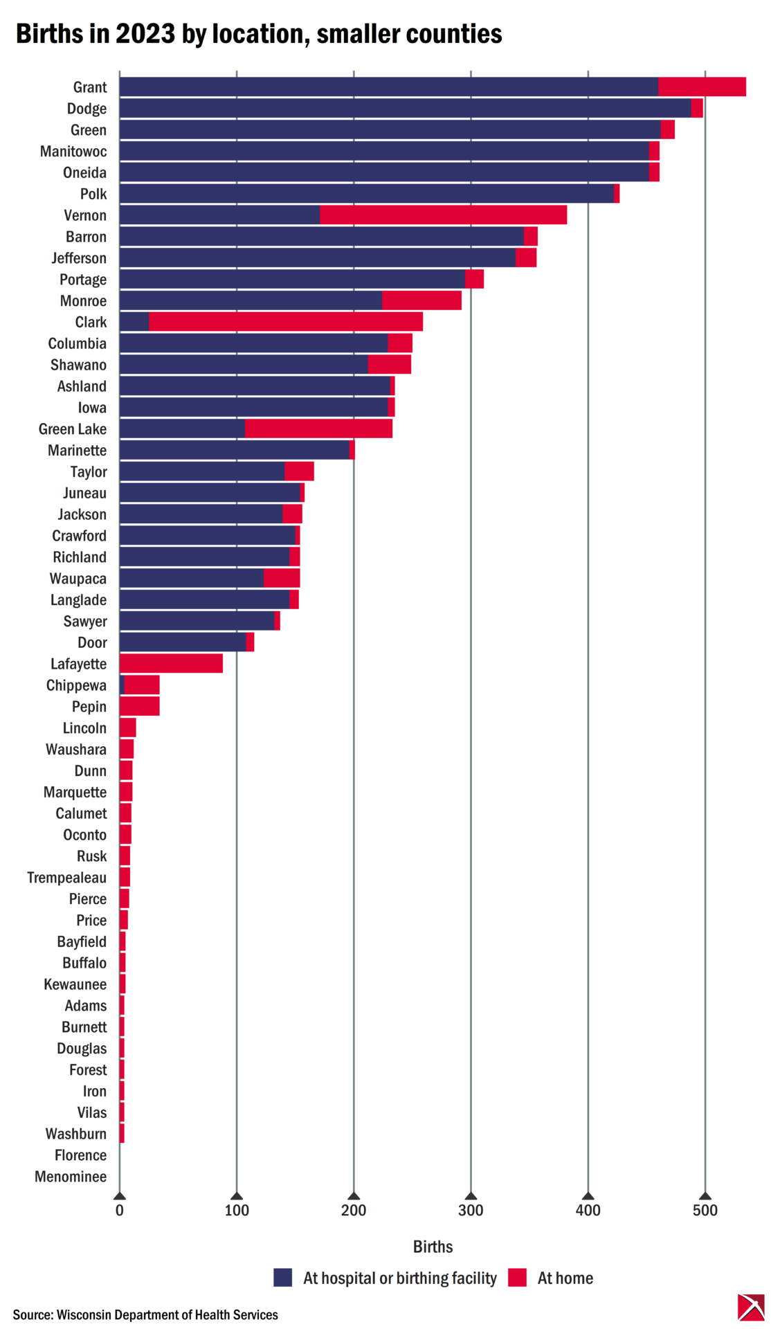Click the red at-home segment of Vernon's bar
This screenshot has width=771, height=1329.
coord(443,215)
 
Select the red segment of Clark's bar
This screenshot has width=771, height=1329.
coord(285,322)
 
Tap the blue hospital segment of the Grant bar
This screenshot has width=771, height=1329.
coord(388,87)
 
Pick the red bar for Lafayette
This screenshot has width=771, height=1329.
coord(171,664)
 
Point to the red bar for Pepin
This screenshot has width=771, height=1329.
coord(139,707)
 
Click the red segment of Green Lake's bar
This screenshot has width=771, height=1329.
coord(318,429)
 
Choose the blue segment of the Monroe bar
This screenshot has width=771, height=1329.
coord(251,301)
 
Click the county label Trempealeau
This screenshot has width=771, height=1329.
coord(67,878)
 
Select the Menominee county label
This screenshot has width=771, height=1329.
coord(71,1177)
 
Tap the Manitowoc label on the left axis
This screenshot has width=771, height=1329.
coord(73,152)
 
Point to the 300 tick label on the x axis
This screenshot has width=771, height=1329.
coord(471,1211)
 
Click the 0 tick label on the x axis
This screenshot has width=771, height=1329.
coord(120,1211)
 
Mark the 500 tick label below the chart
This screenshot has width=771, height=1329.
coord(705,1211)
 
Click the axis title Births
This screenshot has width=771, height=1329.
coord(433,1247)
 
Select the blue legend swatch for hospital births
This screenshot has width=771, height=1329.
coord(283,1278)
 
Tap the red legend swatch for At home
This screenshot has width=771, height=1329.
coord(517,1278)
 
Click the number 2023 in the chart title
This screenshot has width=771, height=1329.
coord(145,34)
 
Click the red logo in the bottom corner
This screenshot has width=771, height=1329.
coord(750,1307)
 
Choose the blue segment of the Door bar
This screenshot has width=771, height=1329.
coord(183,642)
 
